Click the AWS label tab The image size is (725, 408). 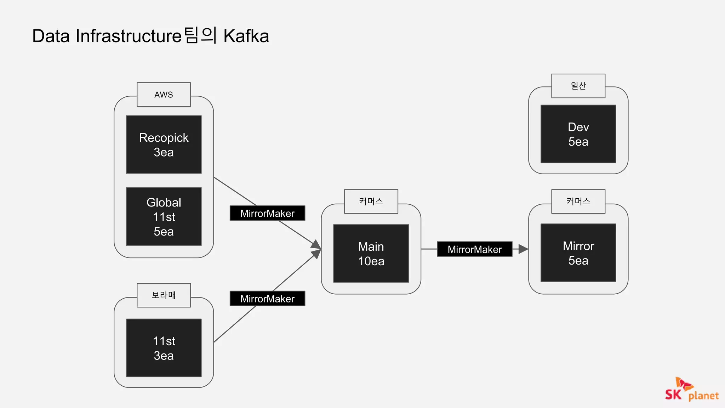164,95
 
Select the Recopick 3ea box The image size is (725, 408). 164,144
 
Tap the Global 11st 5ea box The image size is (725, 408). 164,216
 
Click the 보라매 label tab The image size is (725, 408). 164,295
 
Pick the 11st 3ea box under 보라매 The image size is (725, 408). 164,348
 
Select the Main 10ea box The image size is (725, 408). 371,253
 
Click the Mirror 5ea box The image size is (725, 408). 578,253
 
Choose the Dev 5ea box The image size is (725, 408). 578,134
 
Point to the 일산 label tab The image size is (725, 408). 578,86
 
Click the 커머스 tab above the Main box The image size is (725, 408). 371,202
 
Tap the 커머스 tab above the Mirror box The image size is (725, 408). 578,202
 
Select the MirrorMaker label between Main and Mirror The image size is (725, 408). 474,249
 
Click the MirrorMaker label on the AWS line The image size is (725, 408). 267,213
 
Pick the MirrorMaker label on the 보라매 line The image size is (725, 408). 267,299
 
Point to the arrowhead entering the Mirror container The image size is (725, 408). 524,249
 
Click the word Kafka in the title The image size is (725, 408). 246,36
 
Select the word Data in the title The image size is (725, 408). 51,36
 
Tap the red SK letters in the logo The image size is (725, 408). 673,394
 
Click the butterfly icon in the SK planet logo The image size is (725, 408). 684,384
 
